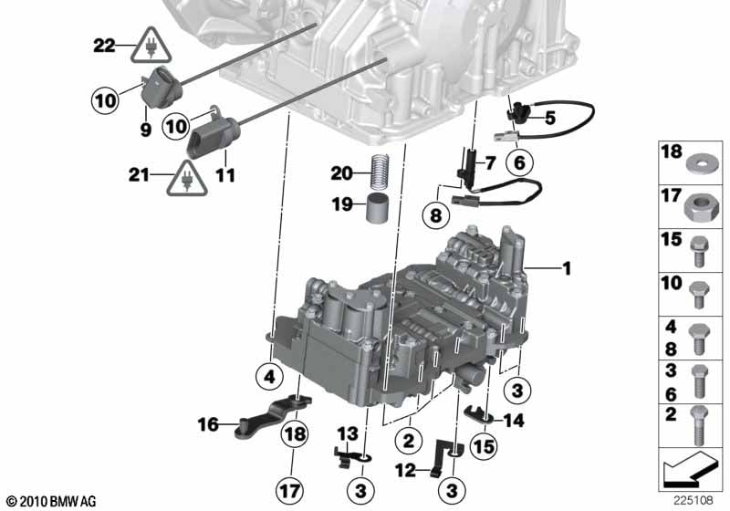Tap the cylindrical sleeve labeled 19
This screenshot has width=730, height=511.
click(378, 208)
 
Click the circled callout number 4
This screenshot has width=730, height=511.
click(269, 377)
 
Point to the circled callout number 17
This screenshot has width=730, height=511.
click(289, 491)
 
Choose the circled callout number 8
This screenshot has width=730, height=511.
click(436, 215)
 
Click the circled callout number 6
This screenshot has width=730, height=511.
click(519, 162)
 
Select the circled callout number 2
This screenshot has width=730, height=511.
click(409, 440)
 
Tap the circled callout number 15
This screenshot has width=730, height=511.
click(484, 447)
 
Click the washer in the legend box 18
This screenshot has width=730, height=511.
click(703, 164)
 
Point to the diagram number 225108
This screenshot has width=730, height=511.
click(693, 501)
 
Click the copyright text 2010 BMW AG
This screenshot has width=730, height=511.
click(52, 502)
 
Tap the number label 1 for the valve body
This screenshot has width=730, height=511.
click(567, 268)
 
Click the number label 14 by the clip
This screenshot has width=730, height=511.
click(514, 421)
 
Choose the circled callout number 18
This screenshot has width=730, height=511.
click(295, 433)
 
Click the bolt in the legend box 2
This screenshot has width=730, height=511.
click(700, 425)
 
